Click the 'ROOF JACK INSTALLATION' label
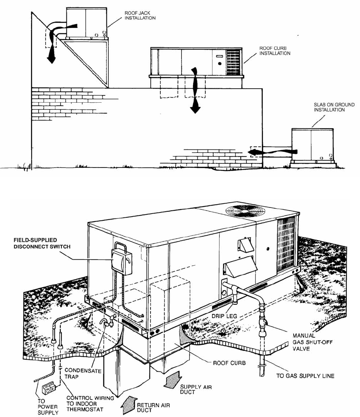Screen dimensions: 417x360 click(x=140, y=15)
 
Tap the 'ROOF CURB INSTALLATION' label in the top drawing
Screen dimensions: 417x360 click(x=275, y=51)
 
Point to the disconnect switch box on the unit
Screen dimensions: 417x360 click(x=122, y=261)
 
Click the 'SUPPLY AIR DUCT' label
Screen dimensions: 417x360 click(x=192, y=389)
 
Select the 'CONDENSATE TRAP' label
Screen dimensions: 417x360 click(x=83, y=374)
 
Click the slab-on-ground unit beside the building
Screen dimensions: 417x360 click(x=312, y=145)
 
